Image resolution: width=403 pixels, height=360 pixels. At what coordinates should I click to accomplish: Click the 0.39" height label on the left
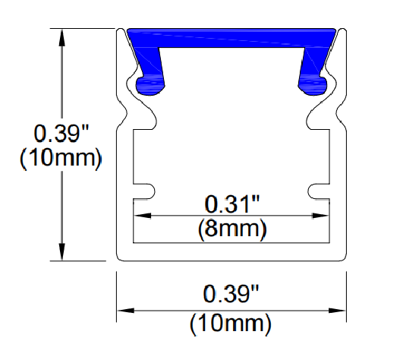tap(61, 133)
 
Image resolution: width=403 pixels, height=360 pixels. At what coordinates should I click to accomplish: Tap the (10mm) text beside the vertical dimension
tap(61, 158)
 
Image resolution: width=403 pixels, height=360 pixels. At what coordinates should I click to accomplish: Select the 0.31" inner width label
tap(232, 204)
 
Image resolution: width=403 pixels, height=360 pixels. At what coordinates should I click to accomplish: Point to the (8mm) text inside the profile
tap(232, 229)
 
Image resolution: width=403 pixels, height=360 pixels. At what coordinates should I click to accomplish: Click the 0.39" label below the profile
tap(231, 293)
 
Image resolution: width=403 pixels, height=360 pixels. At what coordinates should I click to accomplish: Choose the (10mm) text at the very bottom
tap(231, 324)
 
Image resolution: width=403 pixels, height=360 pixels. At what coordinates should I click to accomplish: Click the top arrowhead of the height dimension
tap(61, 38)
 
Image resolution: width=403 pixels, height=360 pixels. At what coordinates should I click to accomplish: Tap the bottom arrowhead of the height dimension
tap(61, 251)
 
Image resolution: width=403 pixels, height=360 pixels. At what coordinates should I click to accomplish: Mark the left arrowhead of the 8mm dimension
tap(143, 216)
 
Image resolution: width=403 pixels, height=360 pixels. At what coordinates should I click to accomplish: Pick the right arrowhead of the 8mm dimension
tap(320, 216)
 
